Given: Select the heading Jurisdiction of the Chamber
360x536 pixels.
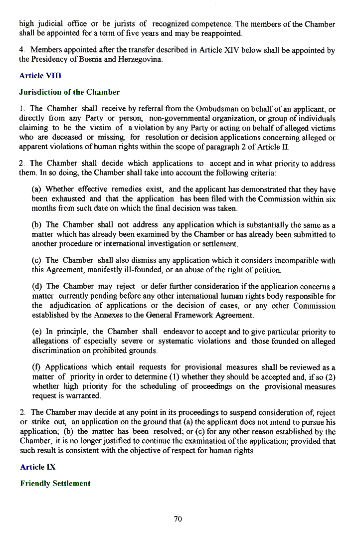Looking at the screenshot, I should [x=69, y=92].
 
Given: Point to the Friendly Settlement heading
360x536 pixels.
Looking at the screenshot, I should [x=55, y=483].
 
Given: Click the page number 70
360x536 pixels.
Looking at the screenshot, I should [x=178, y=519].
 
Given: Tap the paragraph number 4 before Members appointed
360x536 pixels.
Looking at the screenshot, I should [x=21, y=50].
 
